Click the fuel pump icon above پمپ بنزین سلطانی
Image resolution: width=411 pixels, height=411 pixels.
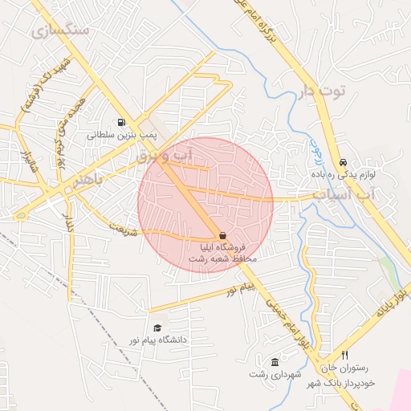121,123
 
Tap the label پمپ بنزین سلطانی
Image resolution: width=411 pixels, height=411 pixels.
119,136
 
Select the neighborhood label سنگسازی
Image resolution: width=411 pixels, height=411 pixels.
59,31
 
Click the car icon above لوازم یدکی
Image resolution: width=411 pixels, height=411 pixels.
343,161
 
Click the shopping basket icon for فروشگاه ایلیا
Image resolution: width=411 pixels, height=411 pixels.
222,236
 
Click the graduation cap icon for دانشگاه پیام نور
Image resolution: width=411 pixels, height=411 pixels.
157,328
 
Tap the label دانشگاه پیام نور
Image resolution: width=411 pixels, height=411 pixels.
158,340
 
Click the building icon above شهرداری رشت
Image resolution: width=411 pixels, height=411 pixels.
275,362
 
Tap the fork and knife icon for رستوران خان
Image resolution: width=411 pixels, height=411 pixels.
344,355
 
